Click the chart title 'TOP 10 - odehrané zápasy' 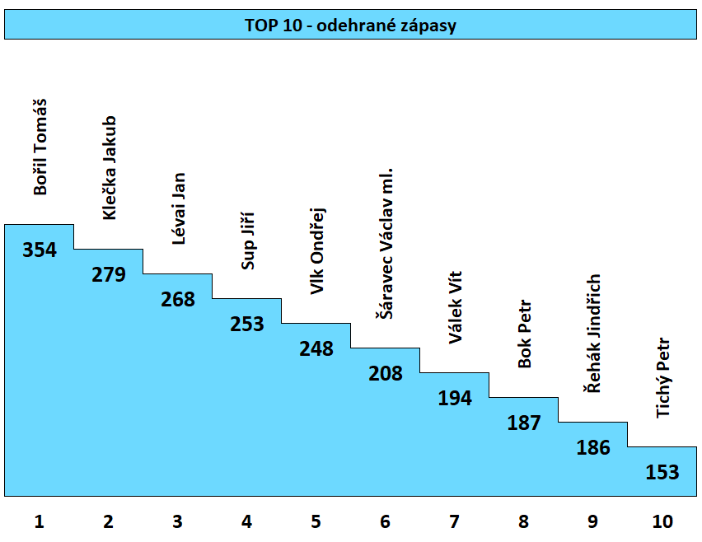coord(350,26)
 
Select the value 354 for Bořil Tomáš coord(40,250)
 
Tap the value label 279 coord(109,275)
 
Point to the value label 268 coord(178,300)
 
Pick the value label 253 coord(247,325)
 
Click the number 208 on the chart coord(386,374)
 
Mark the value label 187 coord(524,423)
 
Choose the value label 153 coord(662,473)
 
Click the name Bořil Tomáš coord(40,147)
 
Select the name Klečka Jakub coord(109,167)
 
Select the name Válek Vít coord(455,307)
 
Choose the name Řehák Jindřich coord(593,334)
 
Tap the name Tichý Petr coord(662,378)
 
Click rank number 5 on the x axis coord(316,521)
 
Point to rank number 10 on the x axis coord(662,521)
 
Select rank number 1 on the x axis coord(40,521)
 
